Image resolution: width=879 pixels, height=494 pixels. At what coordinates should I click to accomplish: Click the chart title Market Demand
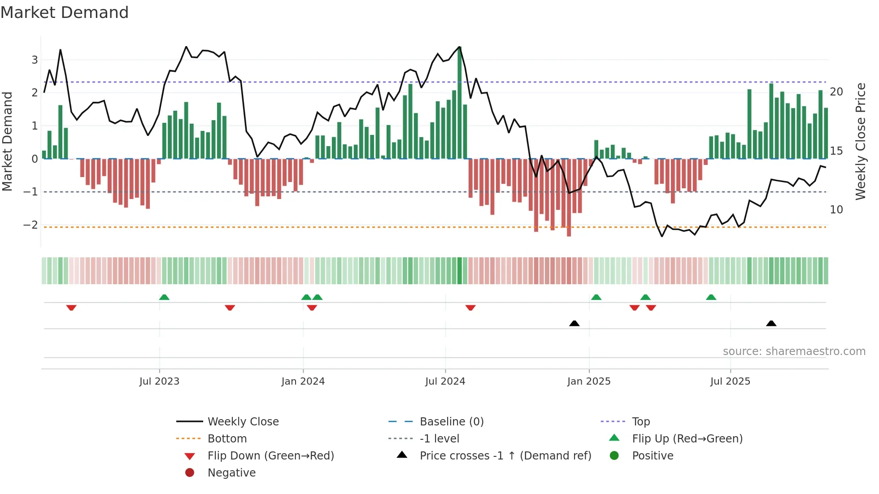point(65,13)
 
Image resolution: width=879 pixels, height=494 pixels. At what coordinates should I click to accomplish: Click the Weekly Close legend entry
point(243,421)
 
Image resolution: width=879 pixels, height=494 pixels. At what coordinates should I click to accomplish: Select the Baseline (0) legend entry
point(451,421)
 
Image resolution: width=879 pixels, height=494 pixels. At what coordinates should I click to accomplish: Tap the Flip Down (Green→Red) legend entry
point(270,455)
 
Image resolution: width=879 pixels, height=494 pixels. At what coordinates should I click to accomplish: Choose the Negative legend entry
point(231,472)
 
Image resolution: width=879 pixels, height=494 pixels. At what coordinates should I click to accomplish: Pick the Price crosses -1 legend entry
point(505,455)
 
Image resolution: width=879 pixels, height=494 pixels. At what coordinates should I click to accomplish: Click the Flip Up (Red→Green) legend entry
point(687,438)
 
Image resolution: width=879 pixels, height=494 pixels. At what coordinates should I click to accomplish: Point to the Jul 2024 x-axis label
point(445,381)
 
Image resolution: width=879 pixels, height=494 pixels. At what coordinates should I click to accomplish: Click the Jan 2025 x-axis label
point(588,381)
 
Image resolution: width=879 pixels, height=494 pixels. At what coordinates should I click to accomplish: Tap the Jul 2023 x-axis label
point(159,381)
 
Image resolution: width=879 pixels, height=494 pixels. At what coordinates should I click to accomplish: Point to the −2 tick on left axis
point(30,225)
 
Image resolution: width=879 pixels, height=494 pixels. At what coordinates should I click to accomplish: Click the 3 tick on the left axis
point(35,60)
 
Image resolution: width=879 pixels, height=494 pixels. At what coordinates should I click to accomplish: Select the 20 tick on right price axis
point(836,92)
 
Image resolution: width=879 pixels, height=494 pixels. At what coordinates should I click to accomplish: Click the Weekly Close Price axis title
point(860,141)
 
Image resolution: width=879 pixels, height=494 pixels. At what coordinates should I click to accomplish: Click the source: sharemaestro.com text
point(794,351)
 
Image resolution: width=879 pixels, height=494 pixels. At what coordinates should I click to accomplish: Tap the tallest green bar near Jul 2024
point(460,103)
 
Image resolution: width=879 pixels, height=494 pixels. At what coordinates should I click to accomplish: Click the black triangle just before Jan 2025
point(574,323)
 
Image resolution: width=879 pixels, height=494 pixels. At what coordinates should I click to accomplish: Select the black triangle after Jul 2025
point(771,323)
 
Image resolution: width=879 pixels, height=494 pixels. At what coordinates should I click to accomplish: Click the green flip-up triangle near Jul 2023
point(164,297)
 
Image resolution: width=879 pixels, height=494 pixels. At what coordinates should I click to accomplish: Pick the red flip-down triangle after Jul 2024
point(470,308)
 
